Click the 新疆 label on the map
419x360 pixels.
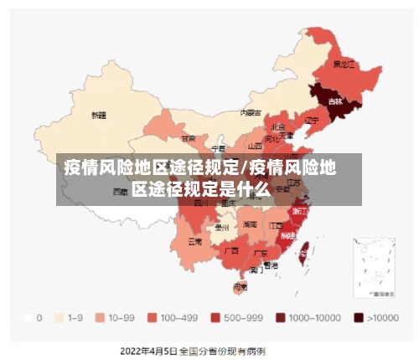pos(99,114)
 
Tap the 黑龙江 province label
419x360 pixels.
pos(344,64)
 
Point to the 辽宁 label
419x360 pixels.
pos(312,120)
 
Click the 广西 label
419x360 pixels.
pos(232,249)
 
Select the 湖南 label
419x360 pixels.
pos(250,224)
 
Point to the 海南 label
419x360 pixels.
pos(241,286)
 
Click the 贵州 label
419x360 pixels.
pos(221,226)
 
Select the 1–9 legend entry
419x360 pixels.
pos(68,318)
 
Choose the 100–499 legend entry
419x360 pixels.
pos(171,318)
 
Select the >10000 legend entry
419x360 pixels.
pos(375,318)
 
